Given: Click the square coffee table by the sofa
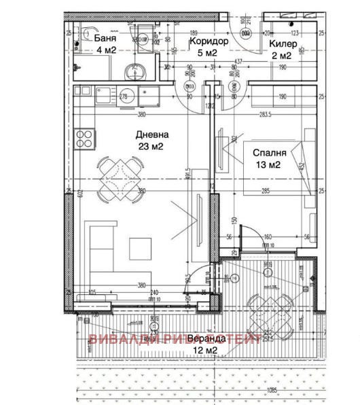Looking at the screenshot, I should point(141,248).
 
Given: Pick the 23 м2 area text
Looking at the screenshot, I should point(151,145).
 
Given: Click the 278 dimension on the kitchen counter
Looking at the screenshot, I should point(124,96).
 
